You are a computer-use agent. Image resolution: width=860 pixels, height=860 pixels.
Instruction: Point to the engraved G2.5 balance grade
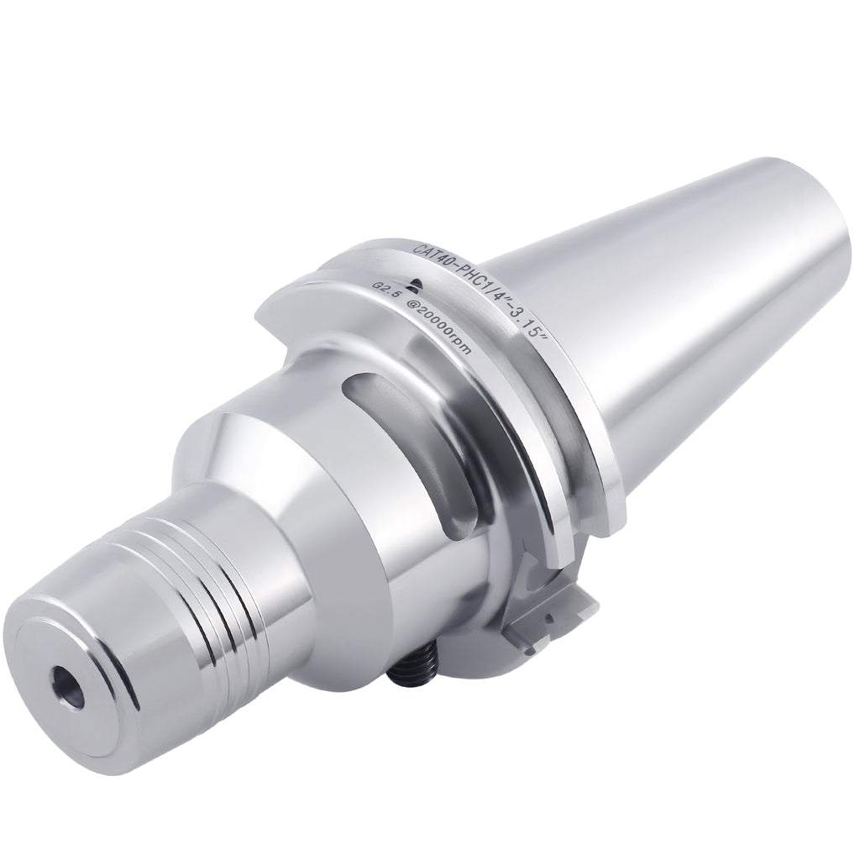(384, 291)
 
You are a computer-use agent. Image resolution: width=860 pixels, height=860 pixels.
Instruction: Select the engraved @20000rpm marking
(438, 324)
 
